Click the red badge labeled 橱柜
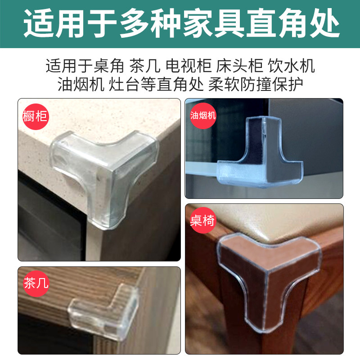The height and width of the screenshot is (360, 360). (x=36, y=117)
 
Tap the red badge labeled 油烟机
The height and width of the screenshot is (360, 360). (x=203, y=116)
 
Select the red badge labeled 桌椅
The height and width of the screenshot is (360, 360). (x=203, y=220)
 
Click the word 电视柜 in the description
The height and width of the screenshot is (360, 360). (x=189, y=66)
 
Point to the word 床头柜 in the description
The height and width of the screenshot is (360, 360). (x=239, y=66)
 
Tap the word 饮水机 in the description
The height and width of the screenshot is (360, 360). (x=291, y=66)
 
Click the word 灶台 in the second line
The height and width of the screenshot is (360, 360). (x=124, y=84)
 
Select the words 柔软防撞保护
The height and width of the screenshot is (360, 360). (x=256, y=84)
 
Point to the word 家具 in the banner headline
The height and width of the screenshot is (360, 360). (x=213, y=23)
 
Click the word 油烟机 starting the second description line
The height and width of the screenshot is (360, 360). (x=81, y=84)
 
